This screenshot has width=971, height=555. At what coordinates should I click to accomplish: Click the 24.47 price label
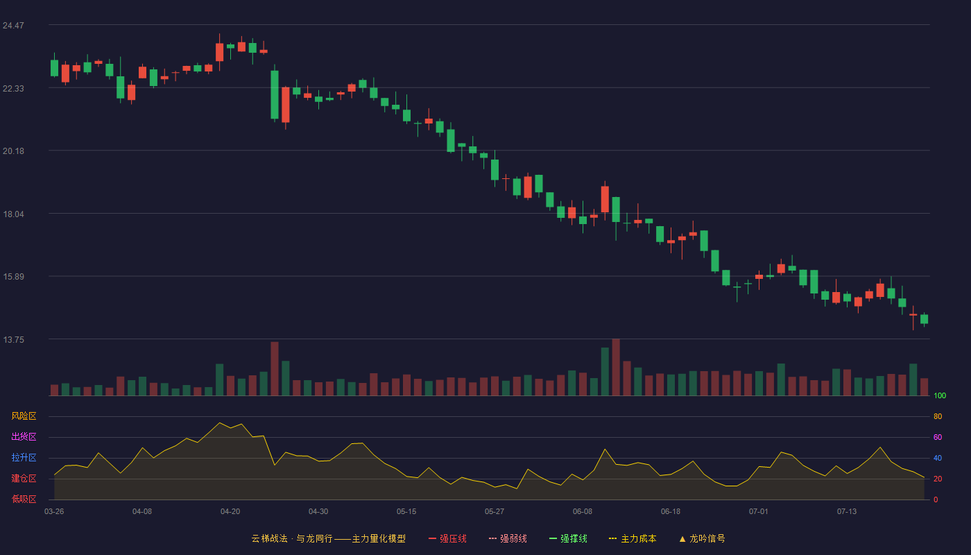point(13,26)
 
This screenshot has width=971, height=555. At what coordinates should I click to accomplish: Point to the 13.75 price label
point(13,340)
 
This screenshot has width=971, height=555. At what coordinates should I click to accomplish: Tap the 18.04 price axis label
point(13,214)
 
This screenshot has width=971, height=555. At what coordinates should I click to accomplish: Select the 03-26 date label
point(54,512)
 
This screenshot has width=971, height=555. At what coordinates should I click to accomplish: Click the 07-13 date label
point(847,512)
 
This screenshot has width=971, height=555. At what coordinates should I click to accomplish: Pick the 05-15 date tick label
point(406,512)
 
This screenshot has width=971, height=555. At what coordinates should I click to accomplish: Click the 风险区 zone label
point(24,416)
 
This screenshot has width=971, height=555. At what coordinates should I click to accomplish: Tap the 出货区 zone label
point(24,436)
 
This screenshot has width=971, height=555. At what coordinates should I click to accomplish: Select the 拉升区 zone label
point(24,457)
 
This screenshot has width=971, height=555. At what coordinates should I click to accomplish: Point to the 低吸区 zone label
point(24,499)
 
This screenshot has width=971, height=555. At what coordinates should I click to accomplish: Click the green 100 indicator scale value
point(940,395)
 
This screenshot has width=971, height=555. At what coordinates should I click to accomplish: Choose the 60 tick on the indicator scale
point(938,437)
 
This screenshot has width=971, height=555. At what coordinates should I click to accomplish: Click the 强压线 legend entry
point(447,538)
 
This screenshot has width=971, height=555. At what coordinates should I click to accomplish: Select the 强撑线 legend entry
point(568,538)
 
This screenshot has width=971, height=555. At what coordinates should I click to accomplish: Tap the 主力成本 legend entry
point(633,538)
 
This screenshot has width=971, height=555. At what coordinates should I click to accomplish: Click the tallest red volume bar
point(616,367)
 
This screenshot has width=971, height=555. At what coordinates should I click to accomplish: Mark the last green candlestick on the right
point(924,319)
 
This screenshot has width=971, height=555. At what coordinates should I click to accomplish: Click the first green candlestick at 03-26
point(54,68)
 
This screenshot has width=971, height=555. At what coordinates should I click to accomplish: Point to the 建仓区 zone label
point(24,478)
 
